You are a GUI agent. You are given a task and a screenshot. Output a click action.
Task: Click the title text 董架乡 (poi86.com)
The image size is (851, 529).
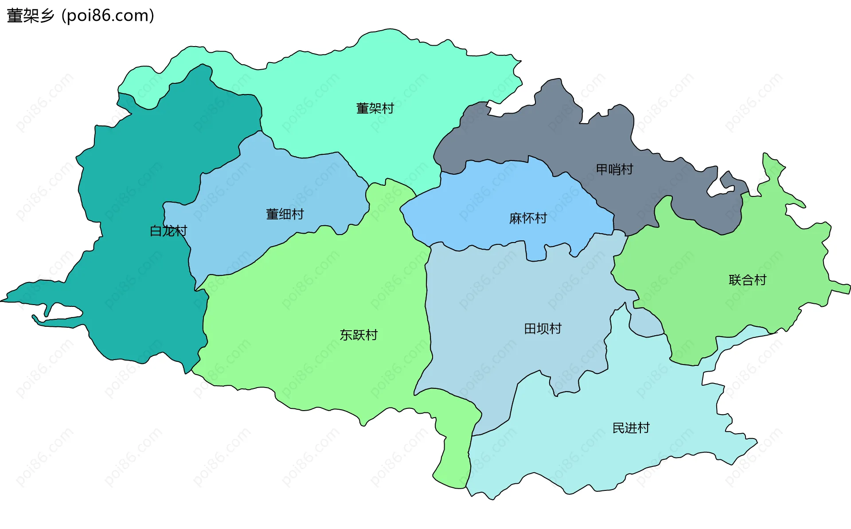81,16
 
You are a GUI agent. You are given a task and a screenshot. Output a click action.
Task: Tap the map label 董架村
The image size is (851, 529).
375,108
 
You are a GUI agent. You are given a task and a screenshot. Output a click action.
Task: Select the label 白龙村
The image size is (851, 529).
168,231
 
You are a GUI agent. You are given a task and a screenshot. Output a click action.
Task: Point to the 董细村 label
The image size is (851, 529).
285,215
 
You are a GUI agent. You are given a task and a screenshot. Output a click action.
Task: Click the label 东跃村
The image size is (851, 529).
359,335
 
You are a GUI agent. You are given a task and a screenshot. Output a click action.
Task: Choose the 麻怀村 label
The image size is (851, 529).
528,218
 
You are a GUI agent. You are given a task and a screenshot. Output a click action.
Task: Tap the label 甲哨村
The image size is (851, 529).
614,169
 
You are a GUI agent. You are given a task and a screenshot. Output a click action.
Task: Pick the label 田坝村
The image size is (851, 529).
543,329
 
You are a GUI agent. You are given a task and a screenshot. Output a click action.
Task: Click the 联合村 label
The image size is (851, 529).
747,280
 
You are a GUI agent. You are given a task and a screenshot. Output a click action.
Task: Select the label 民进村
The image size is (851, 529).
631,428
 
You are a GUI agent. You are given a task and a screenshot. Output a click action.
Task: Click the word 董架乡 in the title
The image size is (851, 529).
30,16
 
